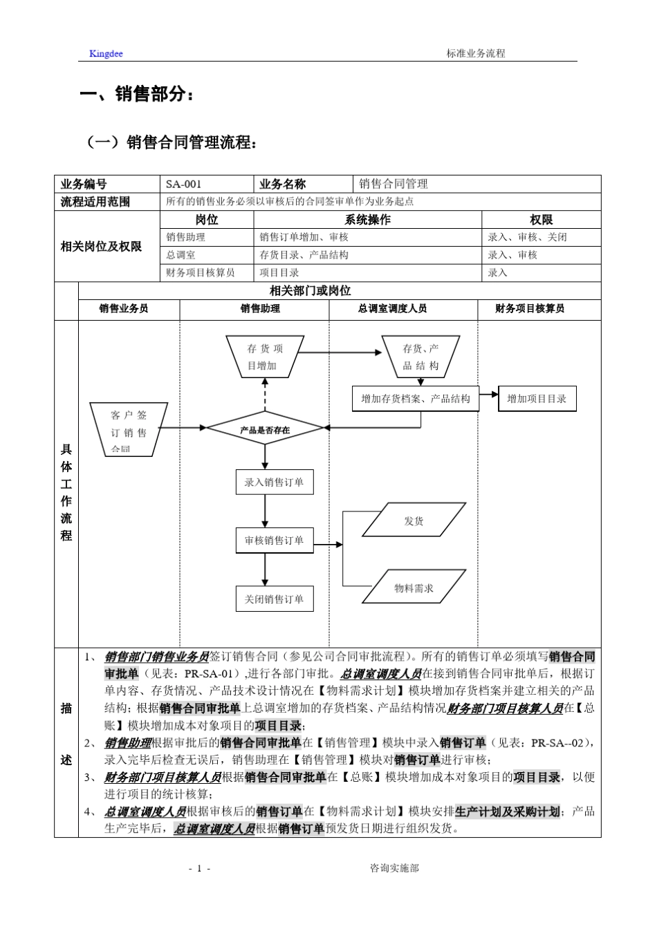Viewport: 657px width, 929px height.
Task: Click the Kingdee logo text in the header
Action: coord(106,53)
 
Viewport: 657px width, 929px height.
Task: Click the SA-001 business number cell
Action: coord(184,184)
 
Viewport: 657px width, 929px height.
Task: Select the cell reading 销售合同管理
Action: coord(394,184)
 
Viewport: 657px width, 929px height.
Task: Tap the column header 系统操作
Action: coord(367,220)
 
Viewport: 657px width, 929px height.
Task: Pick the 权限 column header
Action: coord(541,220)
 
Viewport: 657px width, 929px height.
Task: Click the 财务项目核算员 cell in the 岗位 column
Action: coord(201,272)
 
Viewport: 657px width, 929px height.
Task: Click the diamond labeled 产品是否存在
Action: coord(265,430)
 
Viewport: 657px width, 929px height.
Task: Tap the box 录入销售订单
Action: coord(274,482)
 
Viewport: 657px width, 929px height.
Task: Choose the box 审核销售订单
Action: coord(274,541)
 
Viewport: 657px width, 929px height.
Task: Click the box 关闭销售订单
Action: coord(274,599)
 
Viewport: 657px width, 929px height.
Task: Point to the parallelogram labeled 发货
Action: coord(414,520)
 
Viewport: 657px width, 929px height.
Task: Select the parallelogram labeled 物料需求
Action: coord(414,588)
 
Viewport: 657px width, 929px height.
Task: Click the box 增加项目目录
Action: coord(537,399)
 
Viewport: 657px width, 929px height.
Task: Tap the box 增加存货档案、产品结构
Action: coord(416,399)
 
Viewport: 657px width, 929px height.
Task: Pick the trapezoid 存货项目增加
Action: coord(265,357)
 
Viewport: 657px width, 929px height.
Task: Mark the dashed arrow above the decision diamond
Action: coord(265,395)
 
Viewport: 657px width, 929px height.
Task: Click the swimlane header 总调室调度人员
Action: coord(392,309)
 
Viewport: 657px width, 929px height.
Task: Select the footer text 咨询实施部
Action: coord(394,868)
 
